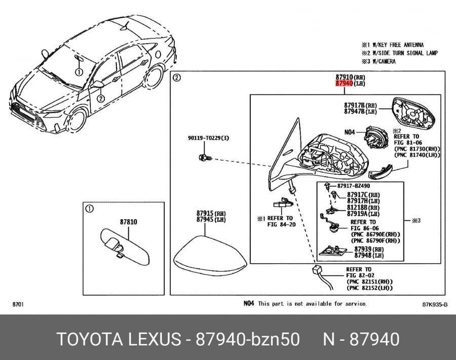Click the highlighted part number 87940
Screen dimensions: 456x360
click(344, 84)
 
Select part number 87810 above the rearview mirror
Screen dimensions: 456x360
click(129, 222)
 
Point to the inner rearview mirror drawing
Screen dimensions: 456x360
click(125, 247)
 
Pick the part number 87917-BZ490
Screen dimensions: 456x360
click(354, 186)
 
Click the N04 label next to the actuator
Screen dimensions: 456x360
click(350, 132)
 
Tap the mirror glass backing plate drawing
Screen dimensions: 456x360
click(413, 113)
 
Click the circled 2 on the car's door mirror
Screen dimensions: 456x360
click(101, 99)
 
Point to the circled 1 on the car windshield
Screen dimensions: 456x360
click(79, 72)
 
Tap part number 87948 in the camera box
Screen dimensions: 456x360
click(363, 255)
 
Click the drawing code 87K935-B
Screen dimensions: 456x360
click(435, 304)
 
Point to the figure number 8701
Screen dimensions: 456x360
click(18, 304)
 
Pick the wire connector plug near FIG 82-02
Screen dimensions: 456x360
click(317, 271)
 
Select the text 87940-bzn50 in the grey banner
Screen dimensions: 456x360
click(247, 339)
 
